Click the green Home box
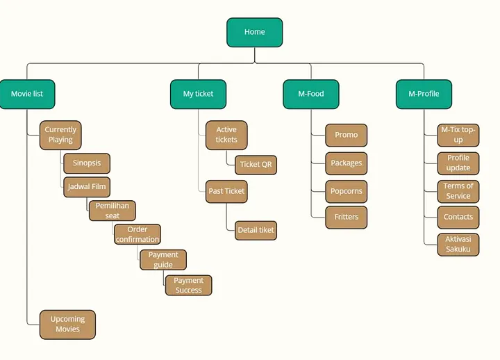click(254, 32)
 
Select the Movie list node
click(27, 94)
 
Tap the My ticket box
click(198, 94)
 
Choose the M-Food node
click(311, 94)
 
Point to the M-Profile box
click(424, 94)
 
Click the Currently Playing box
click(60, 135)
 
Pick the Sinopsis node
click(87, 163)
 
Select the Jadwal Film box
click(87, 187)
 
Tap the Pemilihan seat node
click(112, 211)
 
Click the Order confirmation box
click(137, 234)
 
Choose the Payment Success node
click(188, 286)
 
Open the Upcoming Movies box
click(67, 325)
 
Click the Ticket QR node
click(256, 165)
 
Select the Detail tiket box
click(256, 231)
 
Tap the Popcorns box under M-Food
click(347, 192)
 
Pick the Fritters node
click(347, 218)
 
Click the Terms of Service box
click(458, 192)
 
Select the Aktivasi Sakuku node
click(458, 245)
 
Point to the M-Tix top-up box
click(458, 135)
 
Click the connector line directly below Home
click(255, 55)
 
